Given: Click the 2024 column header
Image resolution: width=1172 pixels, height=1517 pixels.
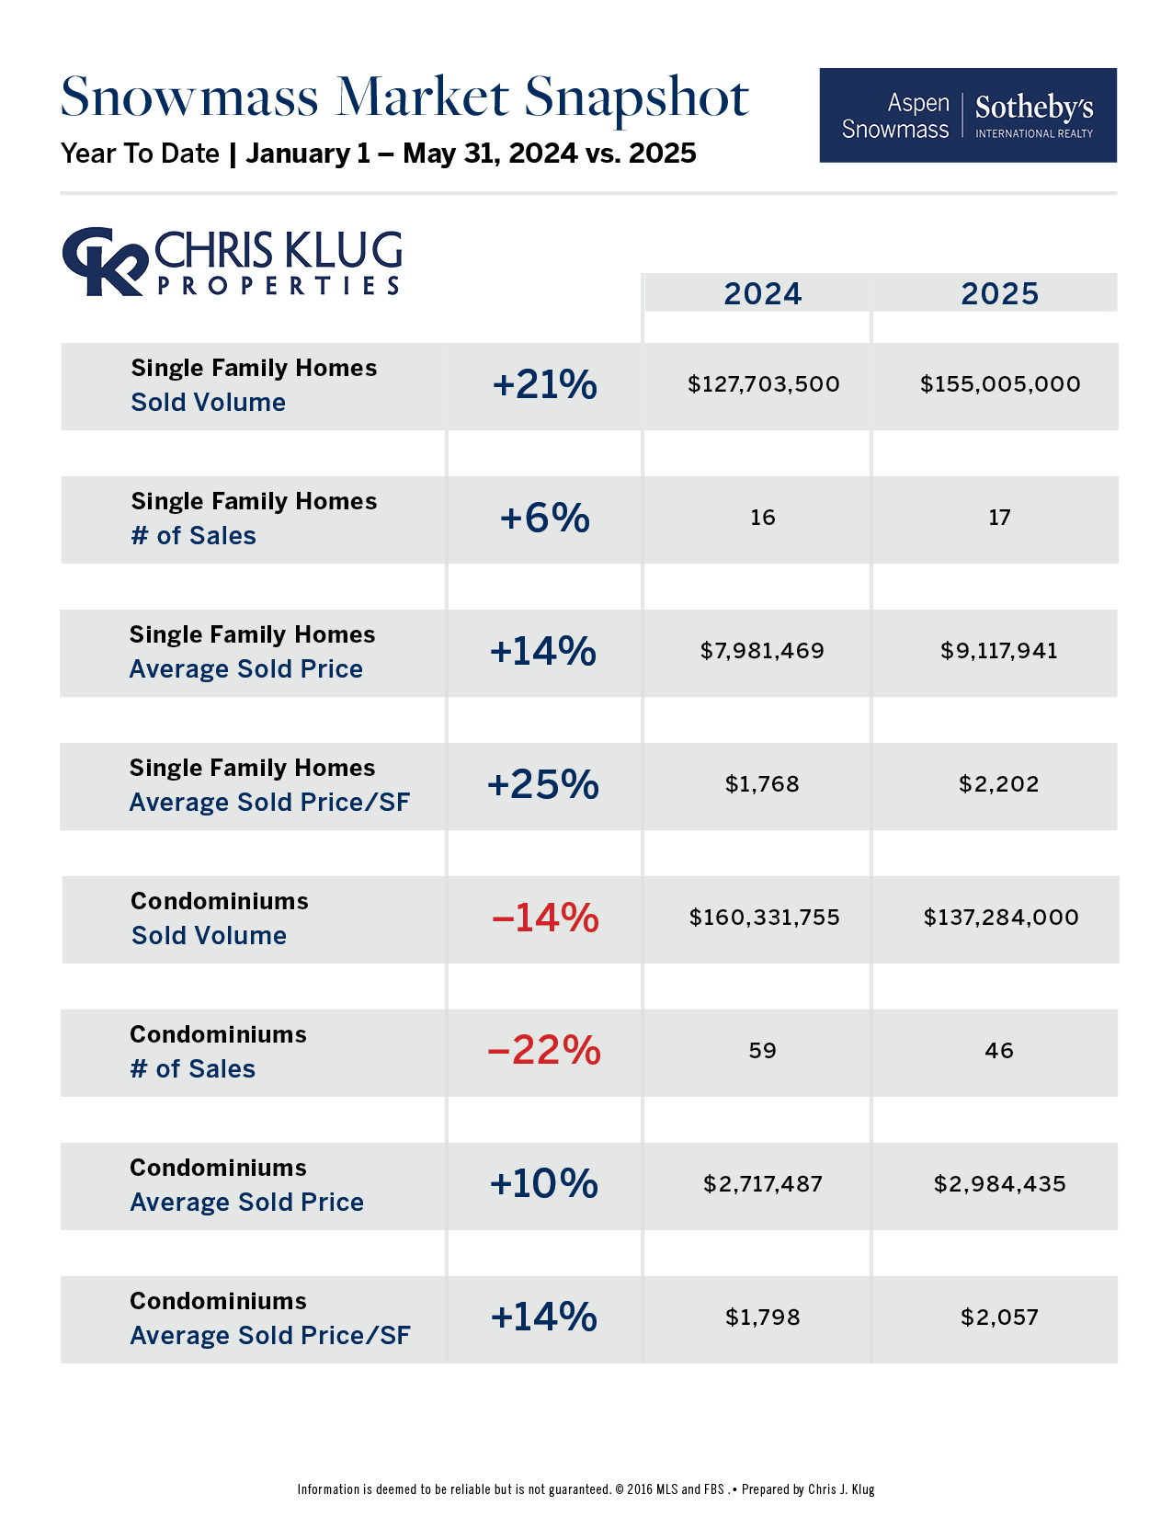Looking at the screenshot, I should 762,293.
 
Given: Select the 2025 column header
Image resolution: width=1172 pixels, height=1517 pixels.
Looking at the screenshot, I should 999,293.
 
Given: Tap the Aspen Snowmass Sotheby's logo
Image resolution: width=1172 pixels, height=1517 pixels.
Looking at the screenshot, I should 967,116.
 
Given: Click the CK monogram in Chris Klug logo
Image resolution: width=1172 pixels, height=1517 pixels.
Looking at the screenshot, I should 104,261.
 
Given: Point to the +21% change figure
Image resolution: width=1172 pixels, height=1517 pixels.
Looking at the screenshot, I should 544,385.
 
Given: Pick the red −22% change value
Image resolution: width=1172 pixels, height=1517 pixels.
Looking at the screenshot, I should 544,1051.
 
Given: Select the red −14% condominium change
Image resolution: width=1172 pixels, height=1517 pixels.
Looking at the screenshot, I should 544,918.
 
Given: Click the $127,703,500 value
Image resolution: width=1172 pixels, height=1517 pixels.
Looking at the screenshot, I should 763,384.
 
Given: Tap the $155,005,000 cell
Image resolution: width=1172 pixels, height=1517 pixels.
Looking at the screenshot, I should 1000,384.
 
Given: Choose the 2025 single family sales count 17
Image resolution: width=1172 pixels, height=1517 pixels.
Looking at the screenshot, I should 999,518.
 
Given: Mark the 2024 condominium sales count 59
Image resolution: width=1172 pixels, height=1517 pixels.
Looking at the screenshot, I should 762,1051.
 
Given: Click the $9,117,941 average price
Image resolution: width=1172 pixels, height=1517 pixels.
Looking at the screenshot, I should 999,651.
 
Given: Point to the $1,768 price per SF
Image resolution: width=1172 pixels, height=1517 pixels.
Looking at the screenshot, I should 762,784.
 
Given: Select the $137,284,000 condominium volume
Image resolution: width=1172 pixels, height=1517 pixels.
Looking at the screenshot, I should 1001,918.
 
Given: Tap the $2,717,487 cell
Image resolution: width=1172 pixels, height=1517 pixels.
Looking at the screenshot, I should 763,1184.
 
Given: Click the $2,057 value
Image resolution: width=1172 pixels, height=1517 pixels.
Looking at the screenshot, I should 999,1317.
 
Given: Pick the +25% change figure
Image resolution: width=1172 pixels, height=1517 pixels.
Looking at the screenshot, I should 542,785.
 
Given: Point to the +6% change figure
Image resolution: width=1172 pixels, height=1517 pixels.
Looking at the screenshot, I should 544,519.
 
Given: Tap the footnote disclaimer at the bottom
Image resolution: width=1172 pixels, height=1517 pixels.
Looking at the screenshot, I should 586,1489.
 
